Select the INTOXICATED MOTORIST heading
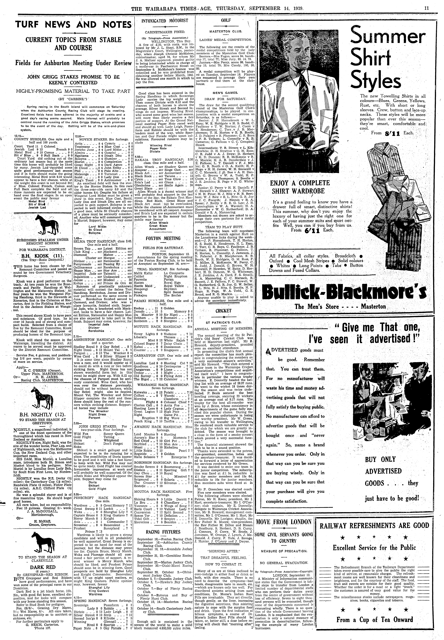165,21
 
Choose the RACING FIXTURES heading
163,532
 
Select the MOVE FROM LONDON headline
283,521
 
